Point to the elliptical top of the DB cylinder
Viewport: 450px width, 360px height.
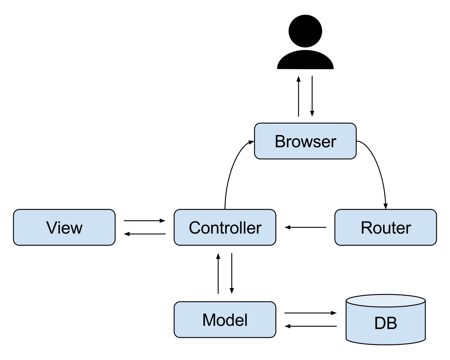click(386, 301)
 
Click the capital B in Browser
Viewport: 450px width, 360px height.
click(280, 141)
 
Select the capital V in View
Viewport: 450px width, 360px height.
click(52, 227)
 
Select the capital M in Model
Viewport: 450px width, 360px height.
click(209, 320)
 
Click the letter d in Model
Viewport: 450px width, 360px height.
click(230, 320)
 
